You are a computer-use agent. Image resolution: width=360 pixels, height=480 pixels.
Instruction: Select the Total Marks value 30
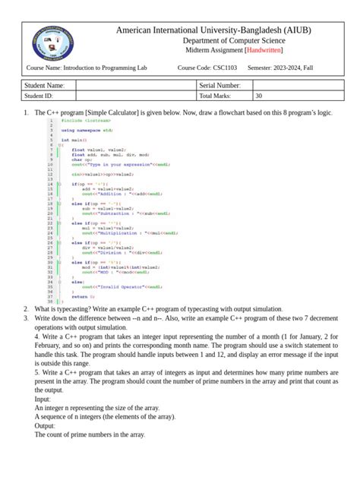coord(259,96)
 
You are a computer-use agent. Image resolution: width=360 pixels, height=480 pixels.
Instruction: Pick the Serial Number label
coord(220,86)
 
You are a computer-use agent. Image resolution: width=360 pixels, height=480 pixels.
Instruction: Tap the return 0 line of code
coord(79,296)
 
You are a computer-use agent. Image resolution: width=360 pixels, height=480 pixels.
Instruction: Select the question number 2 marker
coord(26,308)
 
